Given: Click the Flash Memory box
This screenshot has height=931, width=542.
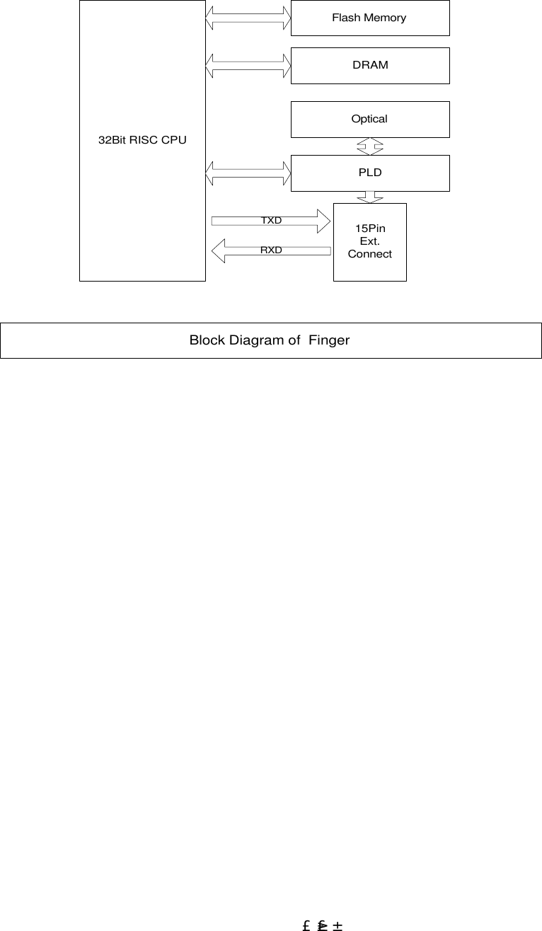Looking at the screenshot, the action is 370,18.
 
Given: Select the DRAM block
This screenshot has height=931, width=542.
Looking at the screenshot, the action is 370,65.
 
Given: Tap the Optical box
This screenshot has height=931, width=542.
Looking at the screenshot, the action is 370,119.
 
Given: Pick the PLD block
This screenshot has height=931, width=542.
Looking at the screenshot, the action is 370,173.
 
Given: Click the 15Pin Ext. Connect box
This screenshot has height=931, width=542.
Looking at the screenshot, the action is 369,241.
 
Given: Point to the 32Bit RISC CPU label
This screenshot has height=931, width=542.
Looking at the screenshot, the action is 142,140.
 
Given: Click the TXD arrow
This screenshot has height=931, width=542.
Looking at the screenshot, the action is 271,221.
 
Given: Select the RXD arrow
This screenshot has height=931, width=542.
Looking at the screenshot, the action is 271,250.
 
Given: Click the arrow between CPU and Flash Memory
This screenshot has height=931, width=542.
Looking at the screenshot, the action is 248,18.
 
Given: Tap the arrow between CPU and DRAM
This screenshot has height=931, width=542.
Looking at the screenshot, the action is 248,65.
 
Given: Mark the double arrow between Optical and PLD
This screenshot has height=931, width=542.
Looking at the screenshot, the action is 369,146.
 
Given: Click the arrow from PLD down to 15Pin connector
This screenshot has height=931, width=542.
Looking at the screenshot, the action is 369,197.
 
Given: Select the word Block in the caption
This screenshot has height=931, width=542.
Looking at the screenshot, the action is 205,340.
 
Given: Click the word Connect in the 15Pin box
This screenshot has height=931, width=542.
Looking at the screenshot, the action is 369,254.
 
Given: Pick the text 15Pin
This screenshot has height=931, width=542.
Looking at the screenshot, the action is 369,229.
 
